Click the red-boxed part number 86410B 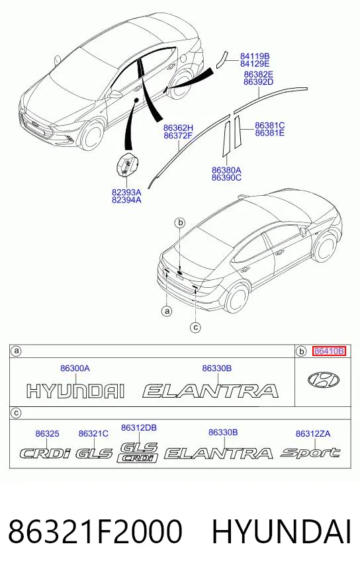329,351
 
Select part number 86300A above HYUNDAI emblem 75,368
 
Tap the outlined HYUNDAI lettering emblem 75,391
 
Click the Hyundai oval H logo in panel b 323,380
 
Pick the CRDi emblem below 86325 44,453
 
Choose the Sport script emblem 310,452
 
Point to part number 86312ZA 313,434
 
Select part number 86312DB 139,427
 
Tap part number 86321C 93,434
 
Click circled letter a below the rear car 167,311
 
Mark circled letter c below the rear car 195,327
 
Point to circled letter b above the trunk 180,222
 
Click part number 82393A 126,192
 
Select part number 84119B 255,56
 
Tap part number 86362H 178,128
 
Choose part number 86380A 226,170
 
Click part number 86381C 270,126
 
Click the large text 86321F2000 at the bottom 95,531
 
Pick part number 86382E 258,74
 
